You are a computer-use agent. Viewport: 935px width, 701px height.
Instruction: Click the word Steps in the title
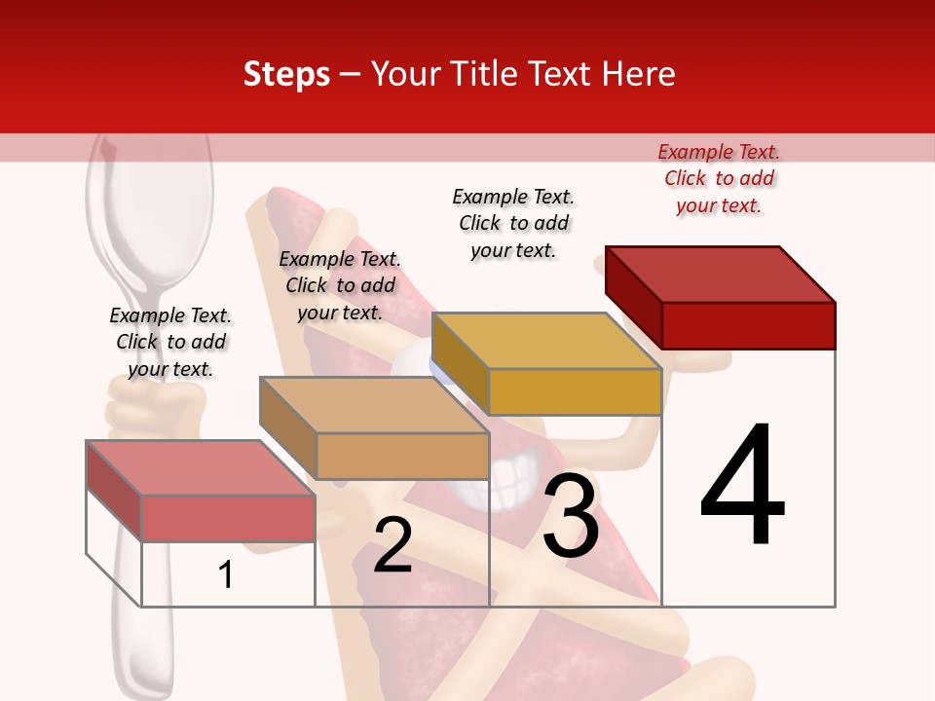(x=286, y=74)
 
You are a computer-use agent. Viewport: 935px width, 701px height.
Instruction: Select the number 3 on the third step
(x=571, y=516)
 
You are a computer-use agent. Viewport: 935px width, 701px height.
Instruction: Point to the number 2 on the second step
(x=393, y=546)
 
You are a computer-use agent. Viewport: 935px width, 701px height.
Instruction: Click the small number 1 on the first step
(x=226, y=574)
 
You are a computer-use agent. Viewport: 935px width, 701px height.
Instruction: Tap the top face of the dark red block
(x=721, y=274)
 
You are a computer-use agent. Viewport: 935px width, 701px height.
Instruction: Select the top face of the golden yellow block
(x=546, y=340)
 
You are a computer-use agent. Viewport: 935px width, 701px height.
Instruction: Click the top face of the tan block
(x=374, y=404)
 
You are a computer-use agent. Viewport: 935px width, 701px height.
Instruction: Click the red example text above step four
(x=719, y=178)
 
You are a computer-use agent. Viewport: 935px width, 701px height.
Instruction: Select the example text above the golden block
(x=513, y=223)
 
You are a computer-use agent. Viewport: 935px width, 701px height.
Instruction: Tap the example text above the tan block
(x=340, y=285)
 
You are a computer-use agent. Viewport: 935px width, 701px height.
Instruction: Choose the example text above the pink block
(x=170, y=342)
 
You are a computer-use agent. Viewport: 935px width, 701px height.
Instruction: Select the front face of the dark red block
(x=748, y=325)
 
